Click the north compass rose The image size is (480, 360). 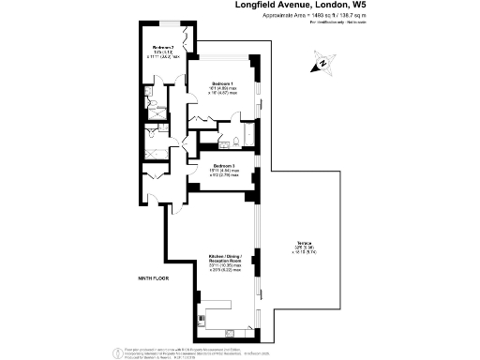point(322,65)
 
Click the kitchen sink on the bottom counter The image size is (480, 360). point(230,331)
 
